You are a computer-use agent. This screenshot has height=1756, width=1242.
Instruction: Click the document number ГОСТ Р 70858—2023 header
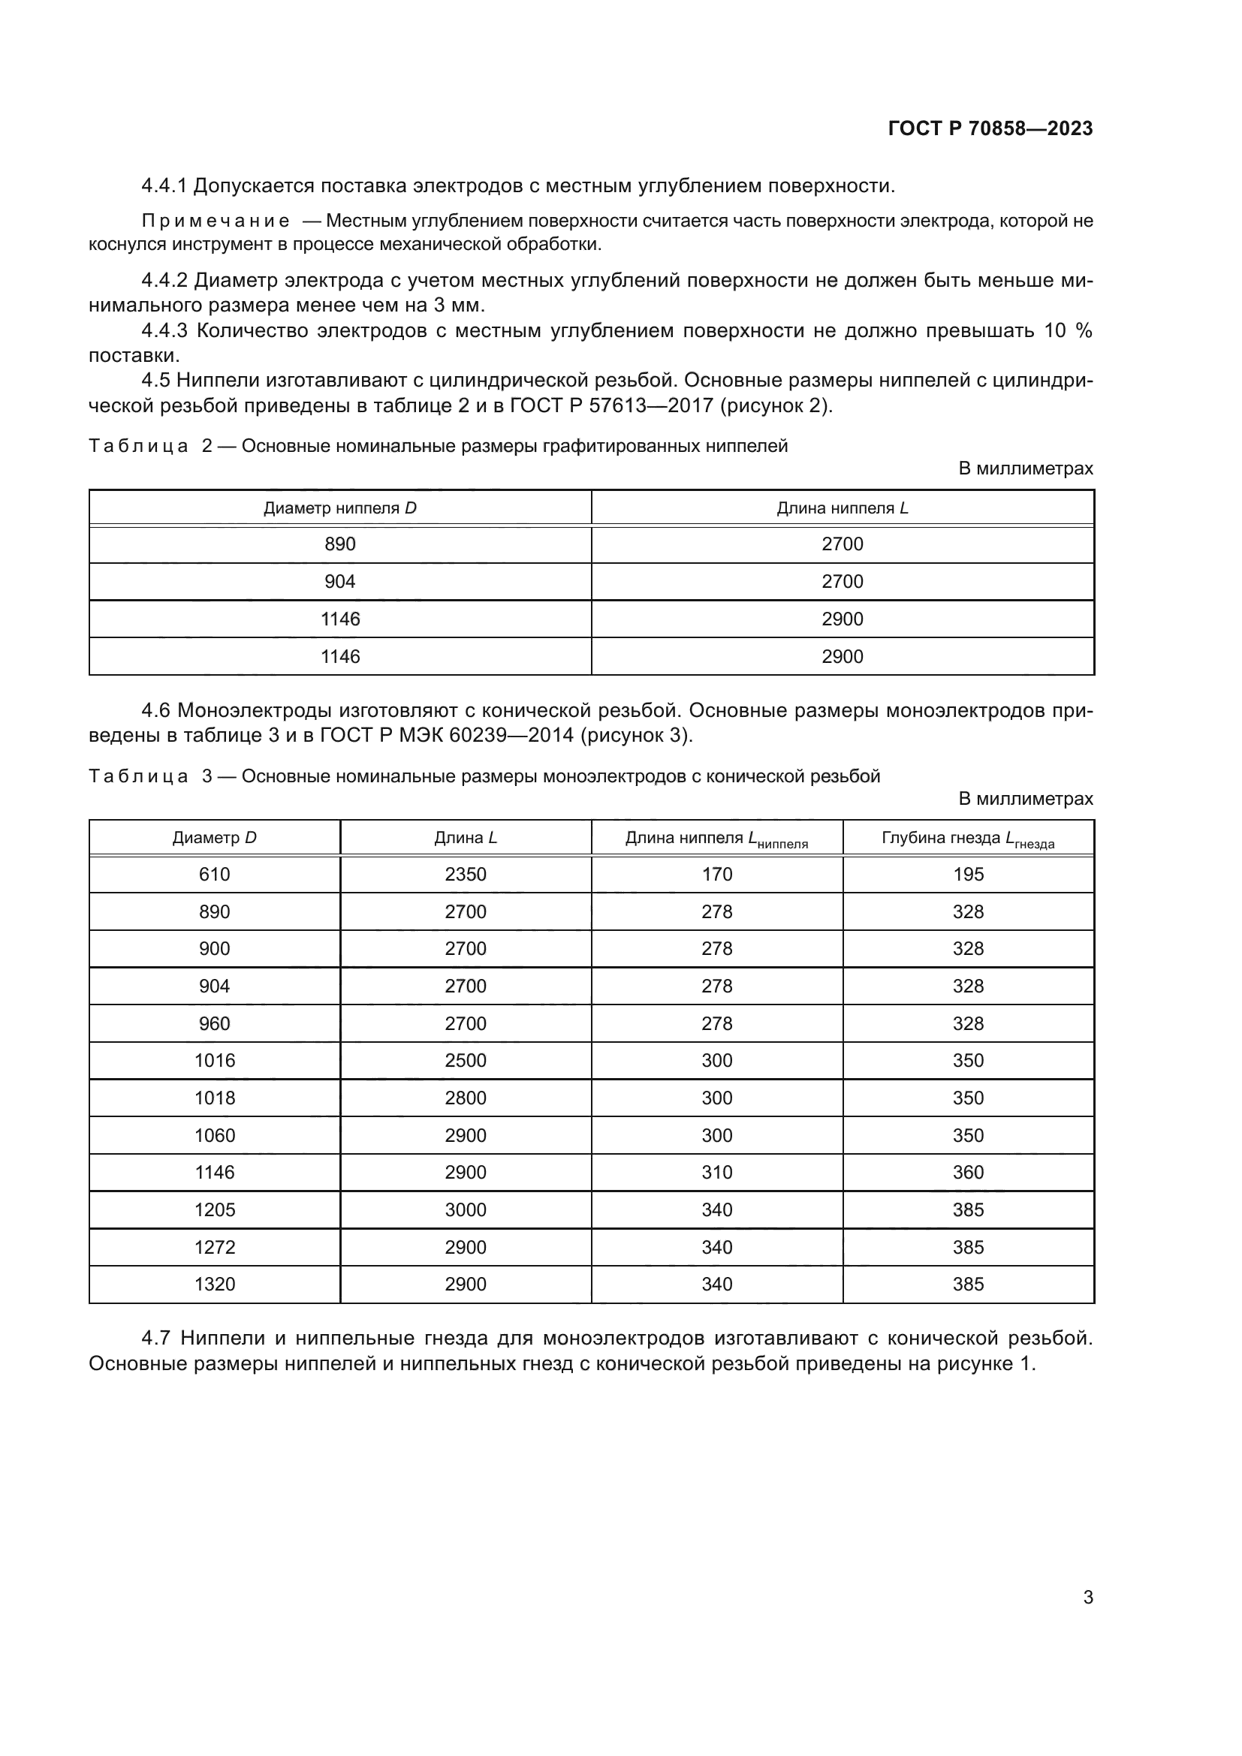coord(990,128)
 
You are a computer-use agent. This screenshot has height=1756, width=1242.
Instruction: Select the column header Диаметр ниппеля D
coord(339,508)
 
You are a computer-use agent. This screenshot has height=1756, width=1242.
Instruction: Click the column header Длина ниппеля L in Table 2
coord(842,508)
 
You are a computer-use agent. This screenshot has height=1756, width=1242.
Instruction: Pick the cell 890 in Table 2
coord(339,544)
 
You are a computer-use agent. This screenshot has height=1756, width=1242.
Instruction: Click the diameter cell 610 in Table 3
coord(214,874)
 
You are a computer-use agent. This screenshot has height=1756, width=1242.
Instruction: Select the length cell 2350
coord(465,874)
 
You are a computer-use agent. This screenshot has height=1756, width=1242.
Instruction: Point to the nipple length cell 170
coord(716,874)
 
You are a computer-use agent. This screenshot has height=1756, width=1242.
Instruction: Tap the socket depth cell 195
coord(967,874)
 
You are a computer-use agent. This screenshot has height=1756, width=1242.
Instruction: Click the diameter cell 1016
coord(214,1060)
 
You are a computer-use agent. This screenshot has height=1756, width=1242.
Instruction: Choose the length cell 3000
coord(465,1210)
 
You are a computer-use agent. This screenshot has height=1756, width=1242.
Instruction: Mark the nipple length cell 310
coord(716,1173)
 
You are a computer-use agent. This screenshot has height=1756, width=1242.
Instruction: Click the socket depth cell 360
coord(967,1173)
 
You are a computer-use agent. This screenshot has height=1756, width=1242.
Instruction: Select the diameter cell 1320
coord(214,1284)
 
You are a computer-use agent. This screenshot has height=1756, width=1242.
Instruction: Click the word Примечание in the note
coord(216,221)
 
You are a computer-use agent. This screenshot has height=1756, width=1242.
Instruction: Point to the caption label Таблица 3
coord(150,776)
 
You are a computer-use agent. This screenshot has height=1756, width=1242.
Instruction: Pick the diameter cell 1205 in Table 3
coord(214,1210)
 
